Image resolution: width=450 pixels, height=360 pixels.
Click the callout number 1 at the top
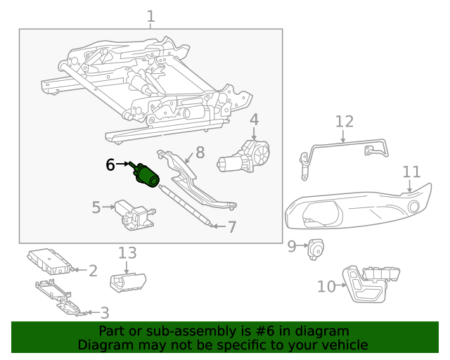click(x=151, y=15)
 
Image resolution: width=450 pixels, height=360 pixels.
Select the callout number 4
click(x=254, y=120)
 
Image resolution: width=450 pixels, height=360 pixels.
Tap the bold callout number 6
click(x=110, y=165)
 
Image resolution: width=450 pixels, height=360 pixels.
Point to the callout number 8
click(x=200, y=152)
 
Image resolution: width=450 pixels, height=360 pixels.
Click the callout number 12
click(x=344, y=122)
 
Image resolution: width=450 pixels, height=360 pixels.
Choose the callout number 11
click(x=411, y=172)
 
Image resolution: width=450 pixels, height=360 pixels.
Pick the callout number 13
click(x=127, y=253)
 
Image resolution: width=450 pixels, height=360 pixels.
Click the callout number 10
click(x=327, y=286)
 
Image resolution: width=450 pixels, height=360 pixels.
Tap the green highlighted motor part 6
click(x=147, y=174)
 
